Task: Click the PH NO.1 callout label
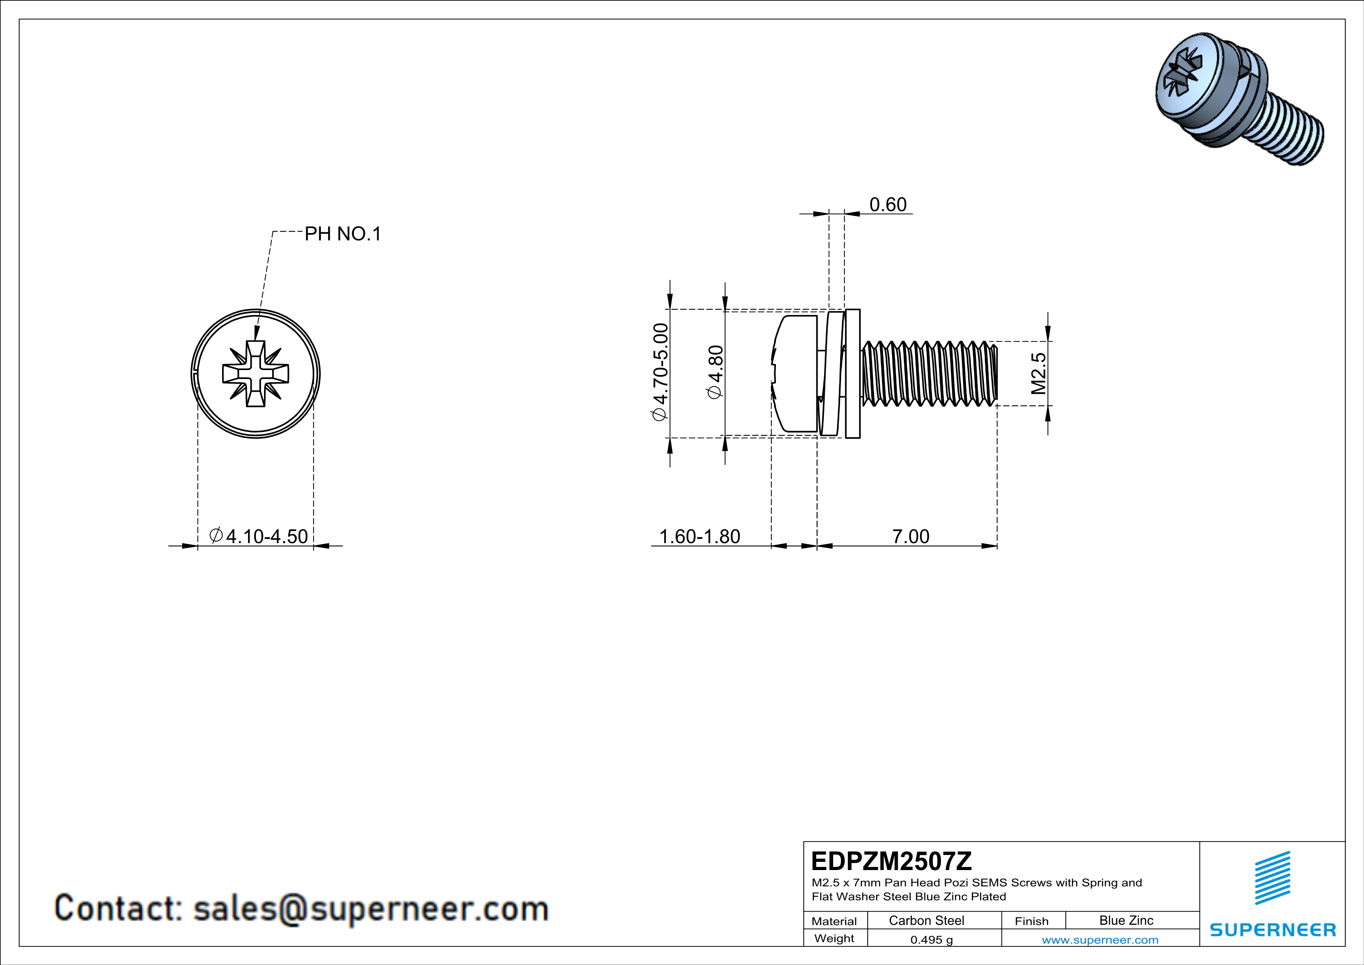tap(342, 234)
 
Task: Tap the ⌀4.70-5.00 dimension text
tap(661, 372)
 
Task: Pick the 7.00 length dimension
tap(910, 537)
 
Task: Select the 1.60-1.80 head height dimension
tap(699, 537)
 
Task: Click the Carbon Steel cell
tap(926, 920)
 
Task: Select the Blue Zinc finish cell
tap(1126, 920)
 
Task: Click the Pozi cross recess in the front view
tap(256, 374)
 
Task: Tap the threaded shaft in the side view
tap(930, 374)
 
